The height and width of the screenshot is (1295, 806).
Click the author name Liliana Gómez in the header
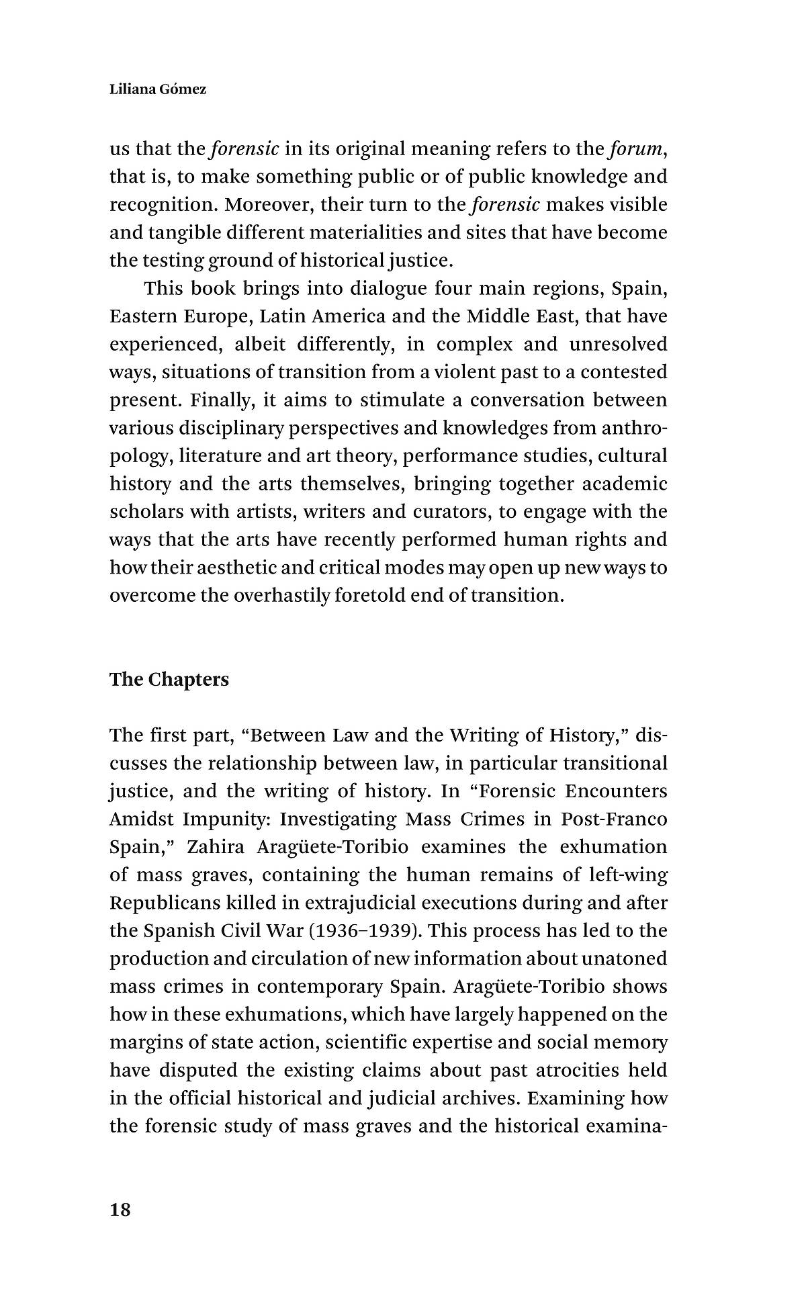158,89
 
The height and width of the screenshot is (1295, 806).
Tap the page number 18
120,1210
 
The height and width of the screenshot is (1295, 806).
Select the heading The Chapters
169,680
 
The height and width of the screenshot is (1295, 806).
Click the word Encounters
616,791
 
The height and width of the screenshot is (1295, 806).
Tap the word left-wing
627,875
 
